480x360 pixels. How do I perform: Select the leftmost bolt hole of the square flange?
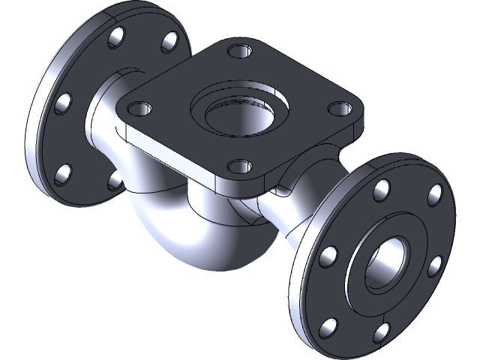click(137, 105)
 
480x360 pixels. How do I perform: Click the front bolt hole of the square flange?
click(238, 167)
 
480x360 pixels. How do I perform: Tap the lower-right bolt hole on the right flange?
click(435, 264)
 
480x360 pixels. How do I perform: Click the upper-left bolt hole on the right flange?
click(328, 258)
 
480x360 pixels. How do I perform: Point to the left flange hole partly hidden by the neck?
click(112, 180)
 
